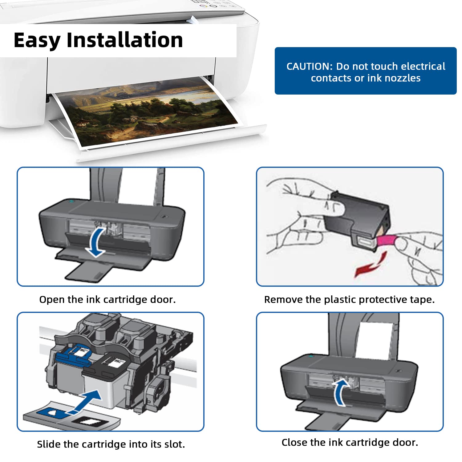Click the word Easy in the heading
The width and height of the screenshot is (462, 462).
click(37, 41)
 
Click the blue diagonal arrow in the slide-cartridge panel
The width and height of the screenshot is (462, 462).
click(88, 400)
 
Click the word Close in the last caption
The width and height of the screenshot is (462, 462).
click(294, 442)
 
